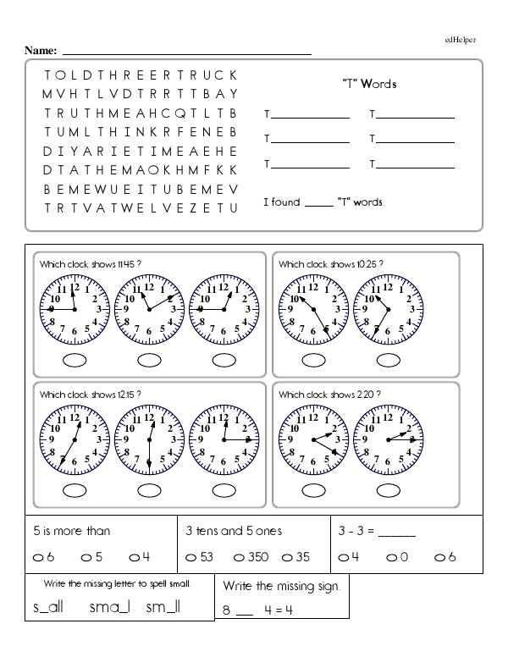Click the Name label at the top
point(41,52)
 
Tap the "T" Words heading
point(368,84)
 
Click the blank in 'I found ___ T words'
point(313,204)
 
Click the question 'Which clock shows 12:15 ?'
point(90,395)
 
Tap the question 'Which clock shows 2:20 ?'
point(329,395)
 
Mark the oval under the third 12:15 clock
point(224,490)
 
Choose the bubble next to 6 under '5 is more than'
point(39,557)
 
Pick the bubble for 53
point(191,557)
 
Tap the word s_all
point(48,607)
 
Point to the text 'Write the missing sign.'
point(282,586)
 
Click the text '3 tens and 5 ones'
point(234,532)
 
